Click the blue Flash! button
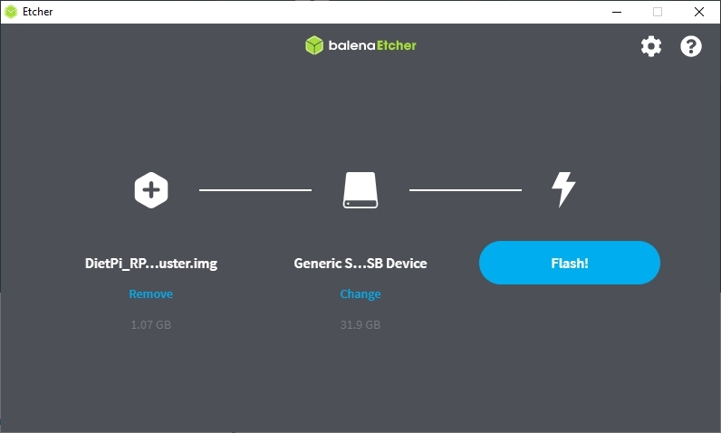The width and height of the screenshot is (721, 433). pyautogui.click(x=569, y=263)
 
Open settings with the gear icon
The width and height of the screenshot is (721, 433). pyautogui.click(x=651, y=46)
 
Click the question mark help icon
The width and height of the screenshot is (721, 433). pyautogui.click(x=690, y=46)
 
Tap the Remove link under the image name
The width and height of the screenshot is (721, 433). pyautogui.click(x=151, y=293)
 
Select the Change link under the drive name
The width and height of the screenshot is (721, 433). pyautogui.click(x=360, y=294)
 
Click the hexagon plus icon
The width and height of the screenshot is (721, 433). pyautogui.click(x=151, y=190)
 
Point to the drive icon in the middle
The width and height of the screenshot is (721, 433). pyautogui.click(x=360, y=190)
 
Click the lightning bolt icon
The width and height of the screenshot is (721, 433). pyautogui.click(x=563, y=189)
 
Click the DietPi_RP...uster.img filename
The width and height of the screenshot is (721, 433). pyautogui.click(x=151, y=264)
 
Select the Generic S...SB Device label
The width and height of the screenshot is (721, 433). pyautogui.click(x=360, y=263)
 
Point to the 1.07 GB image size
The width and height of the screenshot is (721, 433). pyautogui.click(x=151, y=325)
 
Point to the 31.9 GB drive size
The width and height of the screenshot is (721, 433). pyautogui.click(x=360, y=325)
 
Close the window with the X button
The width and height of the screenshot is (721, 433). pyautogui.click(x=699, y=12)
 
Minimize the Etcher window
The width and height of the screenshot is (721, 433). pyautogui.click(x=617, y=12)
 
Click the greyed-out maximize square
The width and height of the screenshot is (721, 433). pyautogui.click(x=658, y=12)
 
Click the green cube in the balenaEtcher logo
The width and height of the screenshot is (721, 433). pyautogui.click(x=314, y=45)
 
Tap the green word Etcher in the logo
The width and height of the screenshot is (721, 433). pyautogui.click(x=397, y=45)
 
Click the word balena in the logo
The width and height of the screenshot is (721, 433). pyautogui.click(x=351, y=45)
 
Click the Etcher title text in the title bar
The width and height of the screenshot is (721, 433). pyautogui.click(x=38, y=12)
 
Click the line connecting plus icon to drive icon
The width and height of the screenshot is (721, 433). pyautogui.click(x=255, y=190)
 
